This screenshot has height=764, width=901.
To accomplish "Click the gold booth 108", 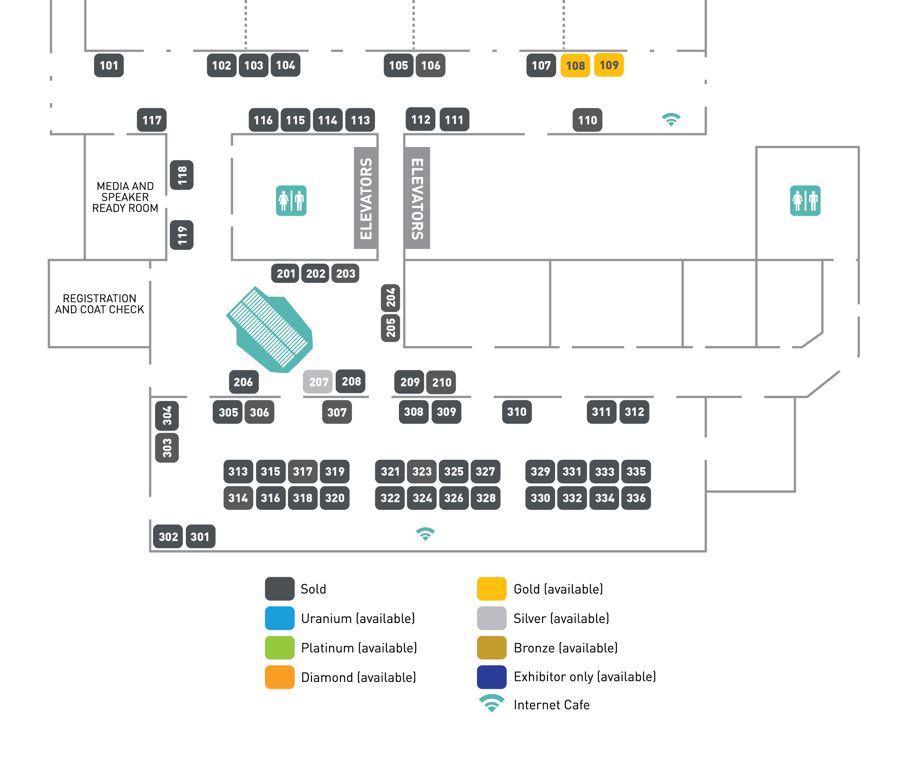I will (x=575, y=65).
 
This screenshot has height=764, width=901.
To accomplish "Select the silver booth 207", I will (x=318, y=382).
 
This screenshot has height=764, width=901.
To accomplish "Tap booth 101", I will (x=109, y=65).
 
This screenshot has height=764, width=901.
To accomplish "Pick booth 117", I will (x=152, y=120).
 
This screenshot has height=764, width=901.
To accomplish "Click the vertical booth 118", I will (x=181, y=175).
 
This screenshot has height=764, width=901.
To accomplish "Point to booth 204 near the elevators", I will (x=390, y=298).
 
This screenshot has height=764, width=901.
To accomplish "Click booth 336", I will (x=636, y=498).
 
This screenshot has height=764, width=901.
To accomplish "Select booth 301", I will (x=200, y=537).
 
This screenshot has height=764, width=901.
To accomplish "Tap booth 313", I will (x=238, y=471).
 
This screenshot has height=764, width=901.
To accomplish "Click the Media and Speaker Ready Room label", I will (x=125, y=197).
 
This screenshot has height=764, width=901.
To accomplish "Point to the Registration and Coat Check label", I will (x=100, y=304).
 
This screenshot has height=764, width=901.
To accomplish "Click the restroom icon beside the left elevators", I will (x=291, y=200).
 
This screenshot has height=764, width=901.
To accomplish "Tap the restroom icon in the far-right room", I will (x=805, y=200).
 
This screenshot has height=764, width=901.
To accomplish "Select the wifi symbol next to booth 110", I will (x=671, y=119).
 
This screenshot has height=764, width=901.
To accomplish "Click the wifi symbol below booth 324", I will (x=425, y=534).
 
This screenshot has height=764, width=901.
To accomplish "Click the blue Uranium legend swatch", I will (x=279, y=618).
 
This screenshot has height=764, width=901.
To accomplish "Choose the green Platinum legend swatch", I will (x=279, y=647).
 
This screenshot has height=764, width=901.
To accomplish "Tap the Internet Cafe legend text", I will (x=551, y=705).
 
